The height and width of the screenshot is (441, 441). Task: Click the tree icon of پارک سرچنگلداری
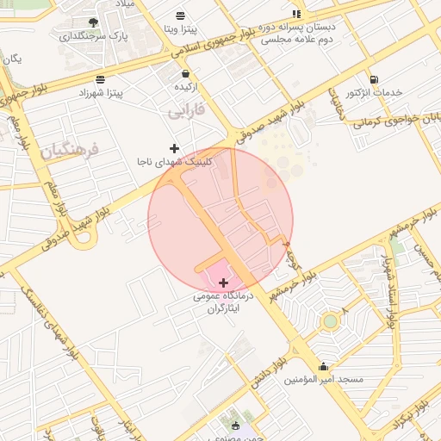93,22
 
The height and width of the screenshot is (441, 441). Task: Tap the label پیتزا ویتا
180,28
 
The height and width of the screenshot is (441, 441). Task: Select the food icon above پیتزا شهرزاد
102,78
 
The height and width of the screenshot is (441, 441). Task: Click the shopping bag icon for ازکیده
186,74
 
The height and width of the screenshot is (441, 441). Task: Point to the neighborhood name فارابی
189,111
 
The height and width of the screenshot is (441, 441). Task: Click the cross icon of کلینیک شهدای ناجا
175,149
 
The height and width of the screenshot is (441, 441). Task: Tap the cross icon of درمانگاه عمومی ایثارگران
224,283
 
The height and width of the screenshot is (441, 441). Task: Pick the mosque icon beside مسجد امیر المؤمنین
324,365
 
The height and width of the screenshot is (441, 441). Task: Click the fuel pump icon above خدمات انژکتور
373,79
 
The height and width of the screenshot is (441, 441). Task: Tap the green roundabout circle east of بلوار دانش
329,322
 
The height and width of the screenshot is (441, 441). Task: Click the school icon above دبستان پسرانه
296,14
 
